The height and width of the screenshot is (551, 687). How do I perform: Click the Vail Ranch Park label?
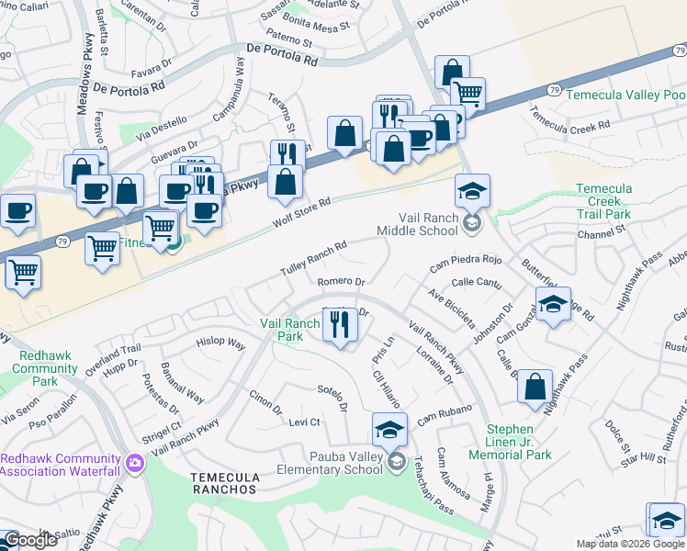click(x=289, y=330)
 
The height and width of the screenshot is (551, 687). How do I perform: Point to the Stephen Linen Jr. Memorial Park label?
click(x=510, y=441)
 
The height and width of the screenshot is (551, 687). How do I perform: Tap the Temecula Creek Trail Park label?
click(x=603, y=201)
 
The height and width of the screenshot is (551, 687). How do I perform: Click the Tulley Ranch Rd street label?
click(x=313, y=260)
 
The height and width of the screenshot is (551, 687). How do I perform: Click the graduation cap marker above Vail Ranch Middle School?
click(x=473, y=191)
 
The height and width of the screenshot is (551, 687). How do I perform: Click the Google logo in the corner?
click(x=30, y=539)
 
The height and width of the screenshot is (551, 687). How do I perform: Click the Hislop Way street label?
click(x=220, y=343)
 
